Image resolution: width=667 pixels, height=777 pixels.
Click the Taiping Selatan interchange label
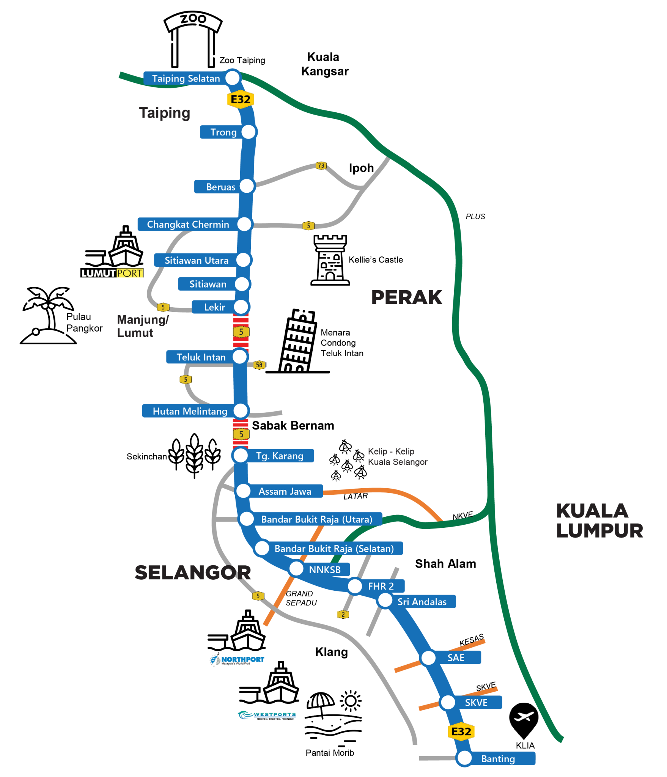[x=186, y=78]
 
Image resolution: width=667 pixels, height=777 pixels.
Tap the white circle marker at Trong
[x=249, y=132]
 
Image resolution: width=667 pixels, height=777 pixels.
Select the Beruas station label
[x=220, y=187]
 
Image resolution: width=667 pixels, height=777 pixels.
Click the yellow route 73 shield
[x=321, y=165]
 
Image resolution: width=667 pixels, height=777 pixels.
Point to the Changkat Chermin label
[x=188, y=224]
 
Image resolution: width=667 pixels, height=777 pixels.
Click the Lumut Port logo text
[x=112, y=273]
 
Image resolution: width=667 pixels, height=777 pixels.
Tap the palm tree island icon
[x=48, y=315]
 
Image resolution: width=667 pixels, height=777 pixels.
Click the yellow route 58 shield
[x=259, y=365]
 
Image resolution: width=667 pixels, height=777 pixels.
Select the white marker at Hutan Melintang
[x=241, y=411]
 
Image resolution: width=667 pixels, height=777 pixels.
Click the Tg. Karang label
[x=280, y=456]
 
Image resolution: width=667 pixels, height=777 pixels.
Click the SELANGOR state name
[x=193, y=573]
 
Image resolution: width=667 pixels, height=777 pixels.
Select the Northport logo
[x=237, y=660]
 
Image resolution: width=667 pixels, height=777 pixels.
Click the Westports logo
[x=267, y=716]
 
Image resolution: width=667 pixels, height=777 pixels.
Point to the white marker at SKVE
[x=448, y=702]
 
